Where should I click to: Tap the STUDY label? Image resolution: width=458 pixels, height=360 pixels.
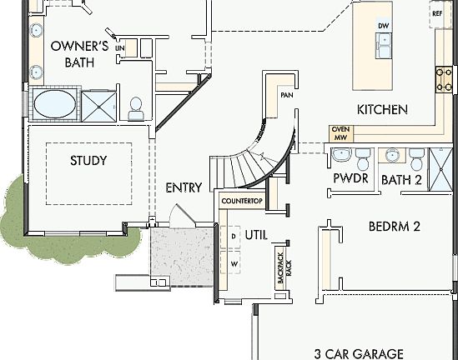pos(88,160)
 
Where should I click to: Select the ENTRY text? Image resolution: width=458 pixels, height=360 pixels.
pos(184,187)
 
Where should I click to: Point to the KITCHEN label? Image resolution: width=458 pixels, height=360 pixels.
pos(382,109)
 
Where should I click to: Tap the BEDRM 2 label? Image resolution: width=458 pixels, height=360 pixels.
pos(393,226)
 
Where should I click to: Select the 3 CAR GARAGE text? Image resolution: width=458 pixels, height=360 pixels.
pos(359,352)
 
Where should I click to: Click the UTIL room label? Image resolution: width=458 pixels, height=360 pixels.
pos(256,236)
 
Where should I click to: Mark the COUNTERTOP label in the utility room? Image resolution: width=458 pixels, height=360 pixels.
pos(242,202)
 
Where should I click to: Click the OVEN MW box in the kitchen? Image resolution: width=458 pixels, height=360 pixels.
pos(340,132)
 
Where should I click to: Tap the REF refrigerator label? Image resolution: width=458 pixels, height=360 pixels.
pos(436,13)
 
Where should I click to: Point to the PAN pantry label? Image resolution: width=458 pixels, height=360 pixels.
pos(286,96)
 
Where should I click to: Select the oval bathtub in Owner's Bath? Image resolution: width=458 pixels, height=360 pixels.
pos(54,106)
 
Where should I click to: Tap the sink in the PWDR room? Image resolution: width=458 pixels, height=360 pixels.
pos(340,155)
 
